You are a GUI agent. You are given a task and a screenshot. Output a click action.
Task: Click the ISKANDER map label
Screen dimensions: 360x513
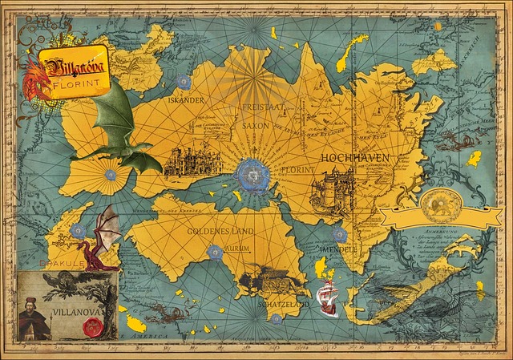pyautogui.click(x=186, y=100)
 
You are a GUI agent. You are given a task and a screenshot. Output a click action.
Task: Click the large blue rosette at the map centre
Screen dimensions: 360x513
pyautogui.click(x=254, y=172)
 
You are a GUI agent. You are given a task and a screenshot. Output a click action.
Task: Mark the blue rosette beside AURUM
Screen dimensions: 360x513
pyautogui.click(x=214, y=253)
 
